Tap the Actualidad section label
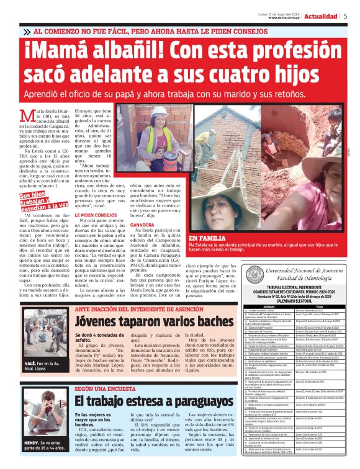tap(321, 16)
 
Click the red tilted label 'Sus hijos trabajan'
tap(35, 200)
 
